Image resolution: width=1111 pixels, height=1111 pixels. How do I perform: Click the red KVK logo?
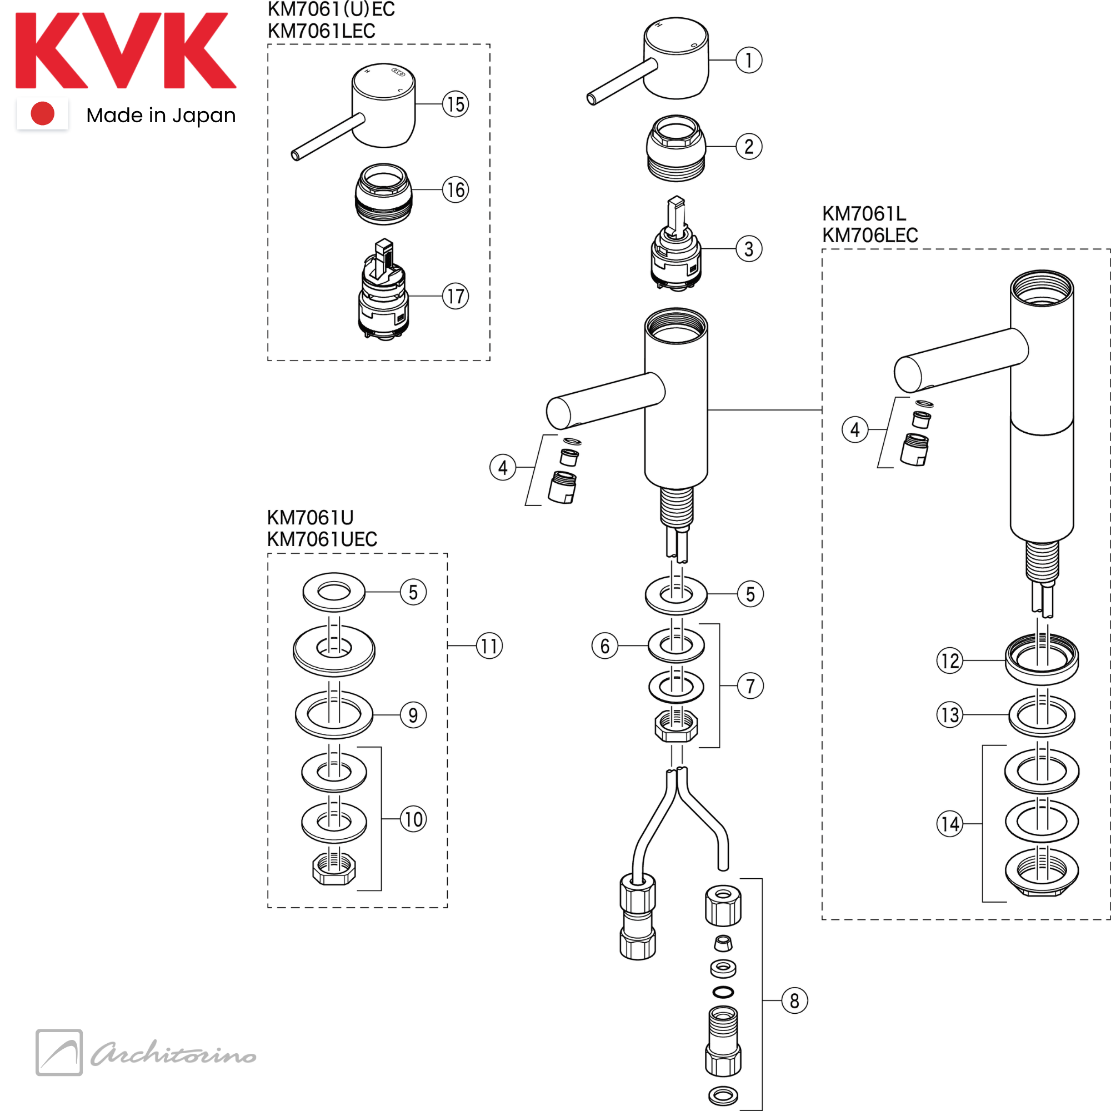[126, 51]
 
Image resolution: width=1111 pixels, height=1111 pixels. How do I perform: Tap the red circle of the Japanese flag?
[43, 113]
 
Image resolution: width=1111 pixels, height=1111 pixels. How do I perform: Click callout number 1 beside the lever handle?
[749, 60]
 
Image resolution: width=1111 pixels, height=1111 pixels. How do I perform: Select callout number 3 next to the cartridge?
[749, 249]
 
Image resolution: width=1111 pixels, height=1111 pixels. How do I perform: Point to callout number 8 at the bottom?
[794, 1000]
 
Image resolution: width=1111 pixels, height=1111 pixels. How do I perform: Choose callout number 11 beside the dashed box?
[489, 646]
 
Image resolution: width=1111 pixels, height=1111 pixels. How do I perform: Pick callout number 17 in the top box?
[456, 296]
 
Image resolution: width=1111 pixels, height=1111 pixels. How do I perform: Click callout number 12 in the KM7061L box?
[950, 660]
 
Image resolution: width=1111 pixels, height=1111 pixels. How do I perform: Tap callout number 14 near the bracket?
[950, 823]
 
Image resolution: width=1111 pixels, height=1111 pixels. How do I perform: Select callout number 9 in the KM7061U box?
[413, 715]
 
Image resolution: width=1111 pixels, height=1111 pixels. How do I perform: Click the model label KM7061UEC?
[322, 539]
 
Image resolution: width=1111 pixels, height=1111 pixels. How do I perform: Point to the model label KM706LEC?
[870, 235]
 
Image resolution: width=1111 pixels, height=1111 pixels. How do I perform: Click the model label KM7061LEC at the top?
[322, 31]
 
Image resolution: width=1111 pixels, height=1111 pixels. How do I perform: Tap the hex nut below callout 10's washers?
[334, 868]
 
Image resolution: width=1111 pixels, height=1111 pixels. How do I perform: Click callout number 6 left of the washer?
[605, 646]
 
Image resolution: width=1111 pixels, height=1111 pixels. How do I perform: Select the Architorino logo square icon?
[59, 1052]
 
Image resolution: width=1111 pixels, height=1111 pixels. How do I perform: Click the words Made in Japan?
[161, 116]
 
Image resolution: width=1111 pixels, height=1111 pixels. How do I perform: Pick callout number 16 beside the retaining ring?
[456, 190]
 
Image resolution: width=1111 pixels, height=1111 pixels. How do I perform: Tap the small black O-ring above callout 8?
[723, 992]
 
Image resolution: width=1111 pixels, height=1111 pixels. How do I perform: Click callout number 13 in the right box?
[950, 715]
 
